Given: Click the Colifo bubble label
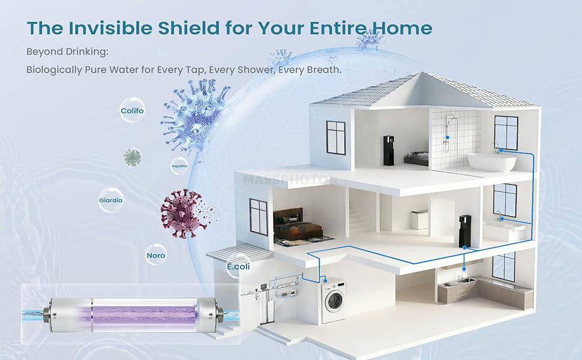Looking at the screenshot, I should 132,111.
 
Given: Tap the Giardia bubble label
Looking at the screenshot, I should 111,200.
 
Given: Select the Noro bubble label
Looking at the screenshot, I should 156,255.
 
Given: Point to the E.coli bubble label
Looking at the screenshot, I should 238,266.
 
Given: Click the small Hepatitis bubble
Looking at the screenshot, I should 179,164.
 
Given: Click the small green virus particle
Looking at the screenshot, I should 133,157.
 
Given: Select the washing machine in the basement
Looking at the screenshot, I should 334,300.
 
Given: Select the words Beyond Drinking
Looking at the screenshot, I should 67,52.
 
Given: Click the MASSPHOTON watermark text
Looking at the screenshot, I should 291,179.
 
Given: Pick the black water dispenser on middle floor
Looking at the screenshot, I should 465,231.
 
